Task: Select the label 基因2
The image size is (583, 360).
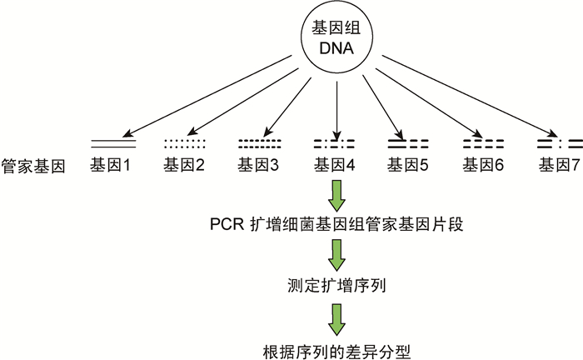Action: tap(184, 166)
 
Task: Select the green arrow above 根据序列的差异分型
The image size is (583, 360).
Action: tap(336, 317)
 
